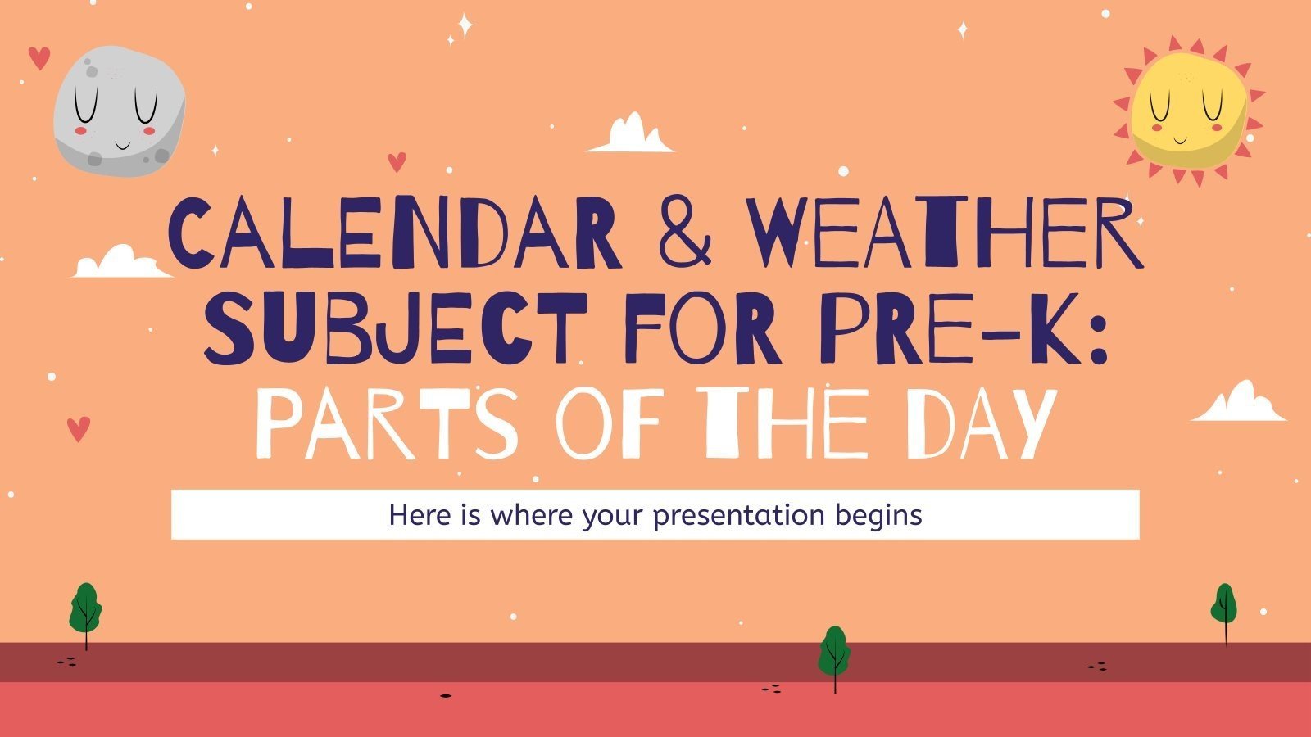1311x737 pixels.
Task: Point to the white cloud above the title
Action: click(630, 135)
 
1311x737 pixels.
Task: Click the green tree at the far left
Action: click(85, 610)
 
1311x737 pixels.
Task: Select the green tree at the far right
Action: click(1223, 606)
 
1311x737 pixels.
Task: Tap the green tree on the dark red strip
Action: click(834, 651)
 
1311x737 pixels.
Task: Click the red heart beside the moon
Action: click(39, 58)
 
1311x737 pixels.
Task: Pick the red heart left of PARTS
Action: click(78, 428)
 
